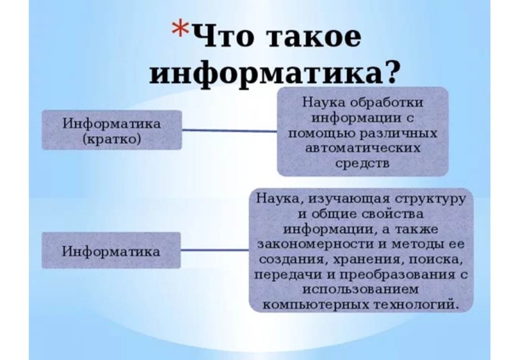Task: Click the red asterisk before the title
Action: (180, 29)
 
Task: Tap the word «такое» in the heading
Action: (313, 37)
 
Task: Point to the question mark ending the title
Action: (390, 72)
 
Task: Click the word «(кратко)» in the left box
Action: (112, 139)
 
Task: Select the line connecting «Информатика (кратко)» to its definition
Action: (230, 130)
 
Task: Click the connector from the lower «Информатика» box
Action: (215, 250)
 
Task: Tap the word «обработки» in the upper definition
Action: (386, 103)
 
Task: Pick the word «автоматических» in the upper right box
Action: (363, 148)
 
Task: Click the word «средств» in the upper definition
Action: (362, 163)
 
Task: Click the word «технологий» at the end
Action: (415, 305)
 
